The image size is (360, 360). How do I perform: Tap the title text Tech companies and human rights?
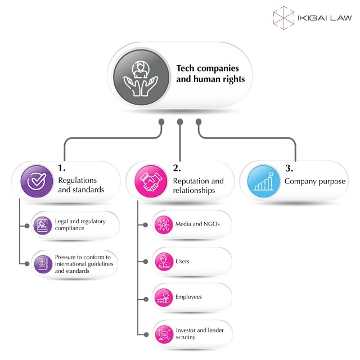(x=210, y=74)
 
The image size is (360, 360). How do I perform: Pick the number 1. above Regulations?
(x=62, y=168)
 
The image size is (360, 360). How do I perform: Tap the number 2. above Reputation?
(x=177, y=168)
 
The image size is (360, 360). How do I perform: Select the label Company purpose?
(x=314, y=181)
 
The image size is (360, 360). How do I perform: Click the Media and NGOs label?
(x=194, y=224)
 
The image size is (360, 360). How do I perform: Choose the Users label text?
(x=182, y=262)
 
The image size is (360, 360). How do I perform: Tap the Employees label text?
(x=188, y=296)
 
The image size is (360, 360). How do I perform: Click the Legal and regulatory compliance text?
(x=80, y=225)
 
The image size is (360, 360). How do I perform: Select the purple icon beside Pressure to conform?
(x=42, y=263)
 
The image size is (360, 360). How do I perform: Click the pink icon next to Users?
(x=163, y=262)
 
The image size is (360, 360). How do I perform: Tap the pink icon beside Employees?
(x=163, y=297)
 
